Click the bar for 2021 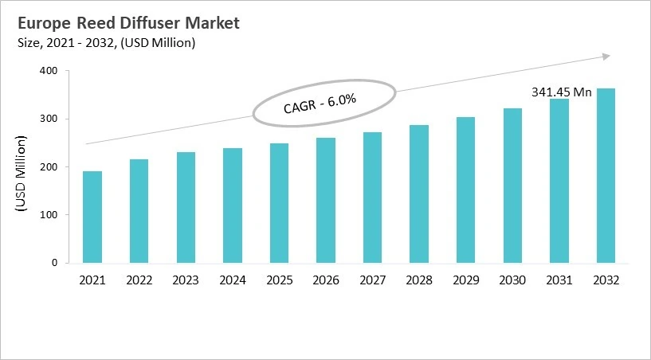coord(92,217)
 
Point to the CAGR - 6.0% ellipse coord(324,104)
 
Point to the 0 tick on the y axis coord(55,263)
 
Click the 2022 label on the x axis coord(139,280)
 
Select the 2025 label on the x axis coord(279,280)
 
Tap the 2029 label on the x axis coord(465,280)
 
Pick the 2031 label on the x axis coord(559,280)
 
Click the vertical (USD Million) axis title coord(22,174)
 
